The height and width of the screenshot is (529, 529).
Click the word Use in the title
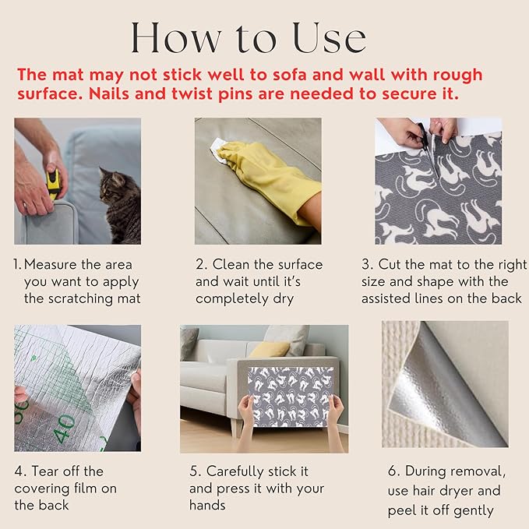coord(330,37)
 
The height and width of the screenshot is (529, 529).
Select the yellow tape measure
coord(53,184)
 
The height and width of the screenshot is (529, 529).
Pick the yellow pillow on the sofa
coord(270,349)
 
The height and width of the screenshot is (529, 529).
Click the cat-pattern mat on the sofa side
coord(290,397)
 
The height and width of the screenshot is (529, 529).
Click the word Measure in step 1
coord(51,265)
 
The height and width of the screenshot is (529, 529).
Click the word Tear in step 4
coord(46,471)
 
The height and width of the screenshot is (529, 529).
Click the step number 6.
coord(393,471)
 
